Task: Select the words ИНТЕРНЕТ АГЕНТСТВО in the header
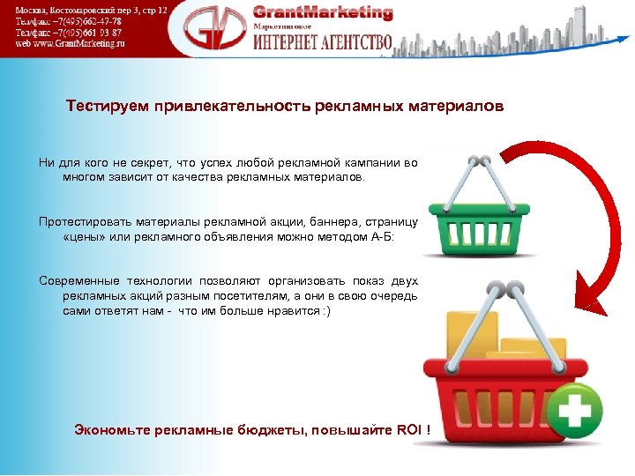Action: (323, 42)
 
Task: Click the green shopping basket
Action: (480, 212)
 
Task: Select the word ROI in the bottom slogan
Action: (408, 430)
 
